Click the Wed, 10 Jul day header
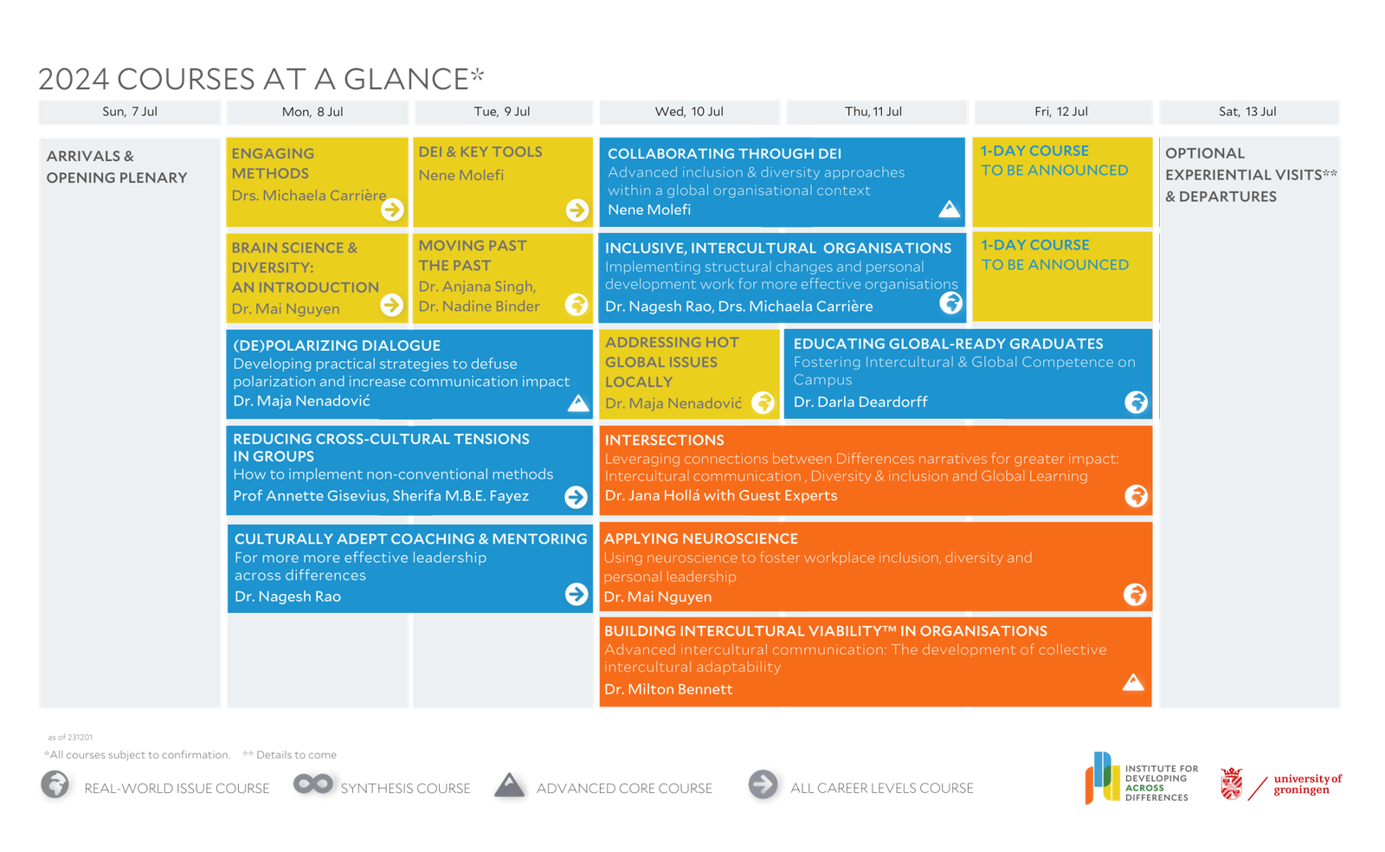689,112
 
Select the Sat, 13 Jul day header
1247,112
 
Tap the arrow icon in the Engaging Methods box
392,210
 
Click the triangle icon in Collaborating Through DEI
949,209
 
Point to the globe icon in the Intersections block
1136,496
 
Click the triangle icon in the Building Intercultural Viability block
1133,682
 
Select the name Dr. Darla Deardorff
860,402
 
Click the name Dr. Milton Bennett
668,689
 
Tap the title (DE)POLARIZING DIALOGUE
337,345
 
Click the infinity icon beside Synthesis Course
312,784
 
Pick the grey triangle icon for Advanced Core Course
510,785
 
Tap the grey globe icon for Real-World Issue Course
55,784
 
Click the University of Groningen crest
1231,784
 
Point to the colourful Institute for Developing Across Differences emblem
1102,778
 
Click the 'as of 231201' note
70,737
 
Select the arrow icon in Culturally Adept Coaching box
577,594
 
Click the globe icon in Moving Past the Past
577,304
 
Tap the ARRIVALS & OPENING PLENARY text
117,167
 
